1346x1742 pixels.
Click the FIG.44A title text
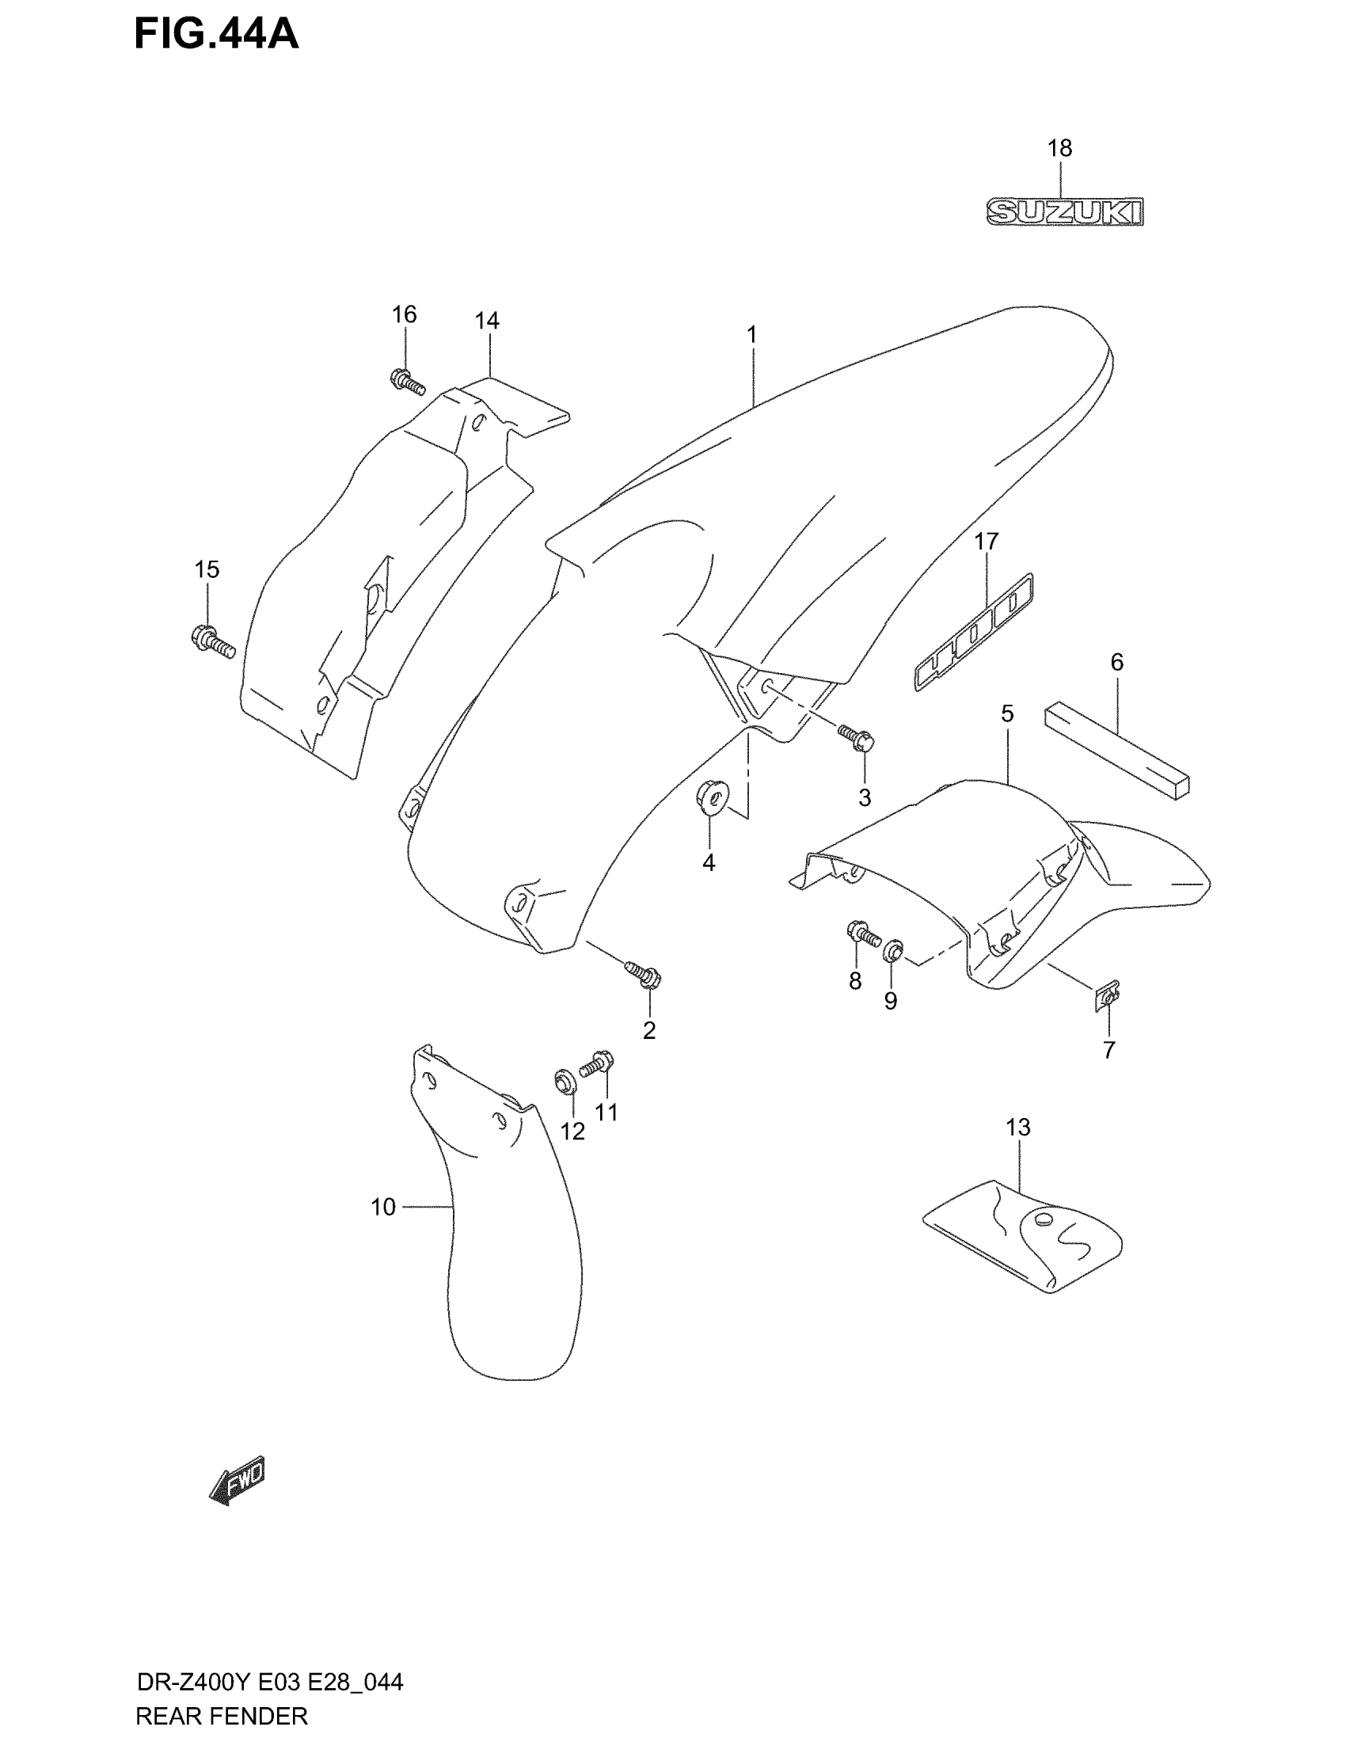coord(216,35)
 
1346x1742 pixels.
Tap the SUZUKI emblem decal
coord(1064,212)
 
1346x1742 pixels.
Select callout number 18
coord(1059,148)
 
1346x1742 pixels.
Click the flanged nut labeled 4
coord(711,797)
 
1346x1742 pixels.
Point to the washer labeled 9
coord(894,950)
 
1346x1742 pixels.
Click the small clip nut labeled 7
coord(1108,996)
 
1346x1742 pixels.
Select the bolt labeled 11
coord(597,1063)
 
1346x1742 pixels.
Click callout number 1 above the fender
coord(751,335)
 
